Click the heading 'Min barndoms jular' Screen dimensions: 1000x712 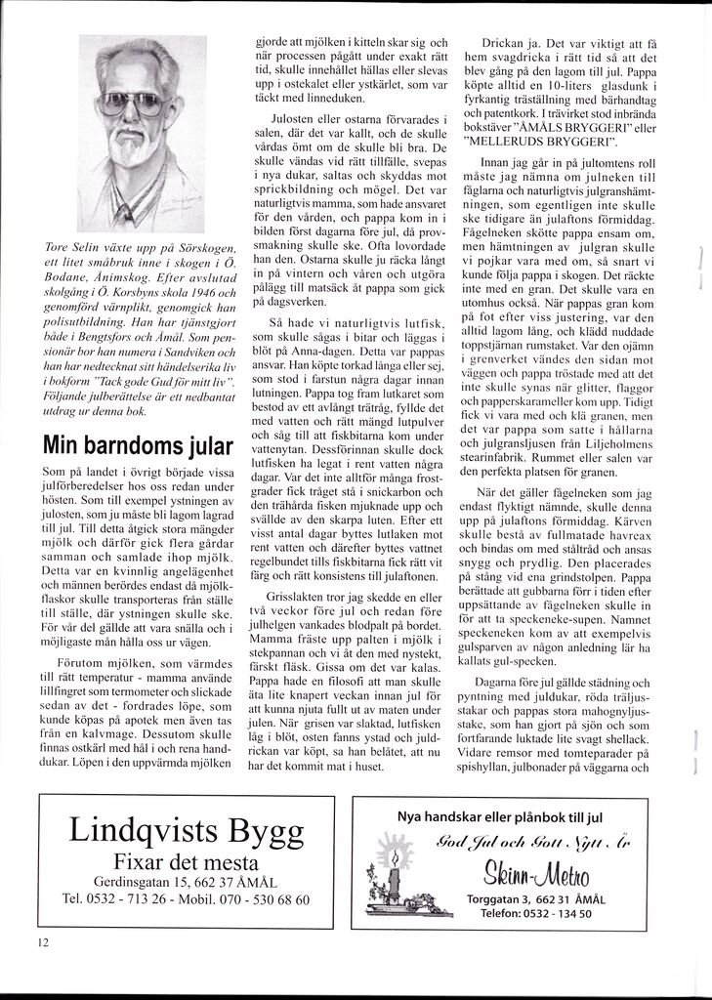coord(138,446)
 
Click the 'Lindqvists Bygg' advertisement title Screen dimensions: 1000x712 coord(186,831)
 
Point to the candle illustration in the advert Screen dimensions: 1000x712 coord(395,871)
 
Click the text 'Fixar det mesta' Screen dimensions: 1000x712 coord(186,862)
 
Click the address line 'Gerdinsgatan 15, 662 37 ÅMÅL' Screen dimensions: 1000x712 coord(186,882)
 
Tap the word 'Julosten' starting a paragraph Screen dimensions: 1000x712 coord(283,119)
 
